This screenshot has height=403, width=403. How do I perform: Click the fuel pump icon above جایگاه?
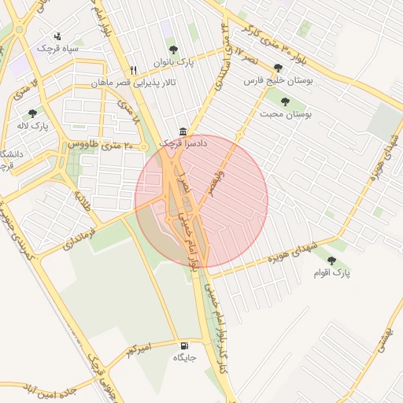(185, 345)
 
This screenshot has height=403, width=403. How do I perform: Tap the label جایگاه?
(184, 358)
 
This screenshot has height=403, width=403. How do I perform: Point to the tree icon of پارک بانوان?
(173, 50)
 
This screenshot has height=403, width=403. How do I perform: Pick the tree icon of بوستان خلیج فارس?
(278, 68)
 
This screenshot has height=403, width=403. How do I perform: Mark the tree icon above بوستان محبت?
(285, 102)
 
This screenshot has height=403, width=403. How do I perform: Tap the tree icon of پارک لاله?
(32, 113)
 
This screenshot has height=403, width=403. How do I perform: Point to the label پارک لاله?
(33, 126)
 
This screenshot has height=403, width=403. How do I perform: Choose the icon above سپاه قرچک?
(57, 35)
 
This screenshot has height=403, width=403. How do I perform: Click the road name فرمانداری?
(78, 235)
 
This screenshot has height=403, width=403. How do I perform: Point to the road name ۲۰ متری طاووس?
(107, 146)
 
